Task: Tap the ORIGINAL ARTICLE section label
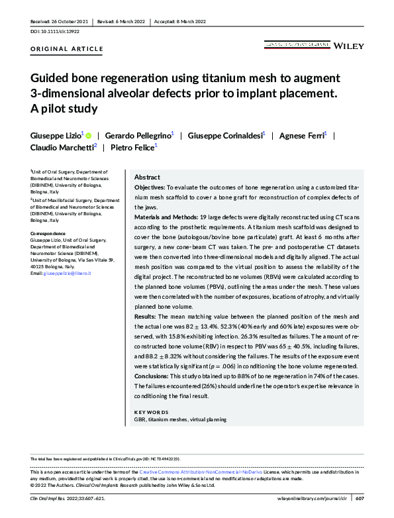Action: coord(67,49)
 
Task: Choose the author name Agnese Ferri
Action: coord(303,134)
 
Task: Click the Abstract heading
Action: coord(147,178)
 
